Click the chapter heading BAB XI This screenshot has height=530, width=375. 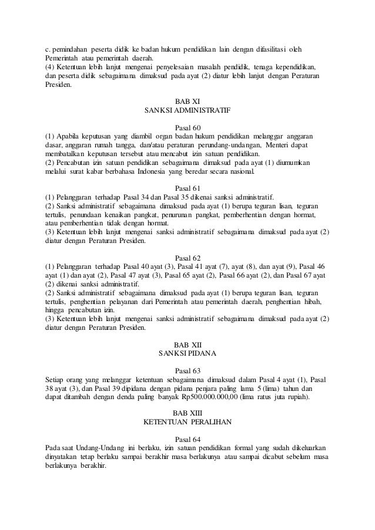187,101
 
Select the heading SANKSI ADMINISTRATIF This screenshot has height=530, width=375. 187,110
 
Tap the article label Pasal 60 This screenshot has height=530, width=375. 187,127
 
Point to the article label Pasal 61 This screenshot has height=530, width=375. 187,188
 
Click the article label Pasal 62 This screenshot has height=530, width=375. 187,257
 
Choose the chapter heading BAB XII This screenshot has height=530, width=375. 187,345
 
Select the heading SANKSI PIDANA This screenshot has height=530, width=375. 187,353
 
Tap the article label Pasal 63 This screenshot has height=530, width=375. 187,370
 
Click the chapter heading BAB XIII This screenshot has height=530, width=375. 187,414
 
